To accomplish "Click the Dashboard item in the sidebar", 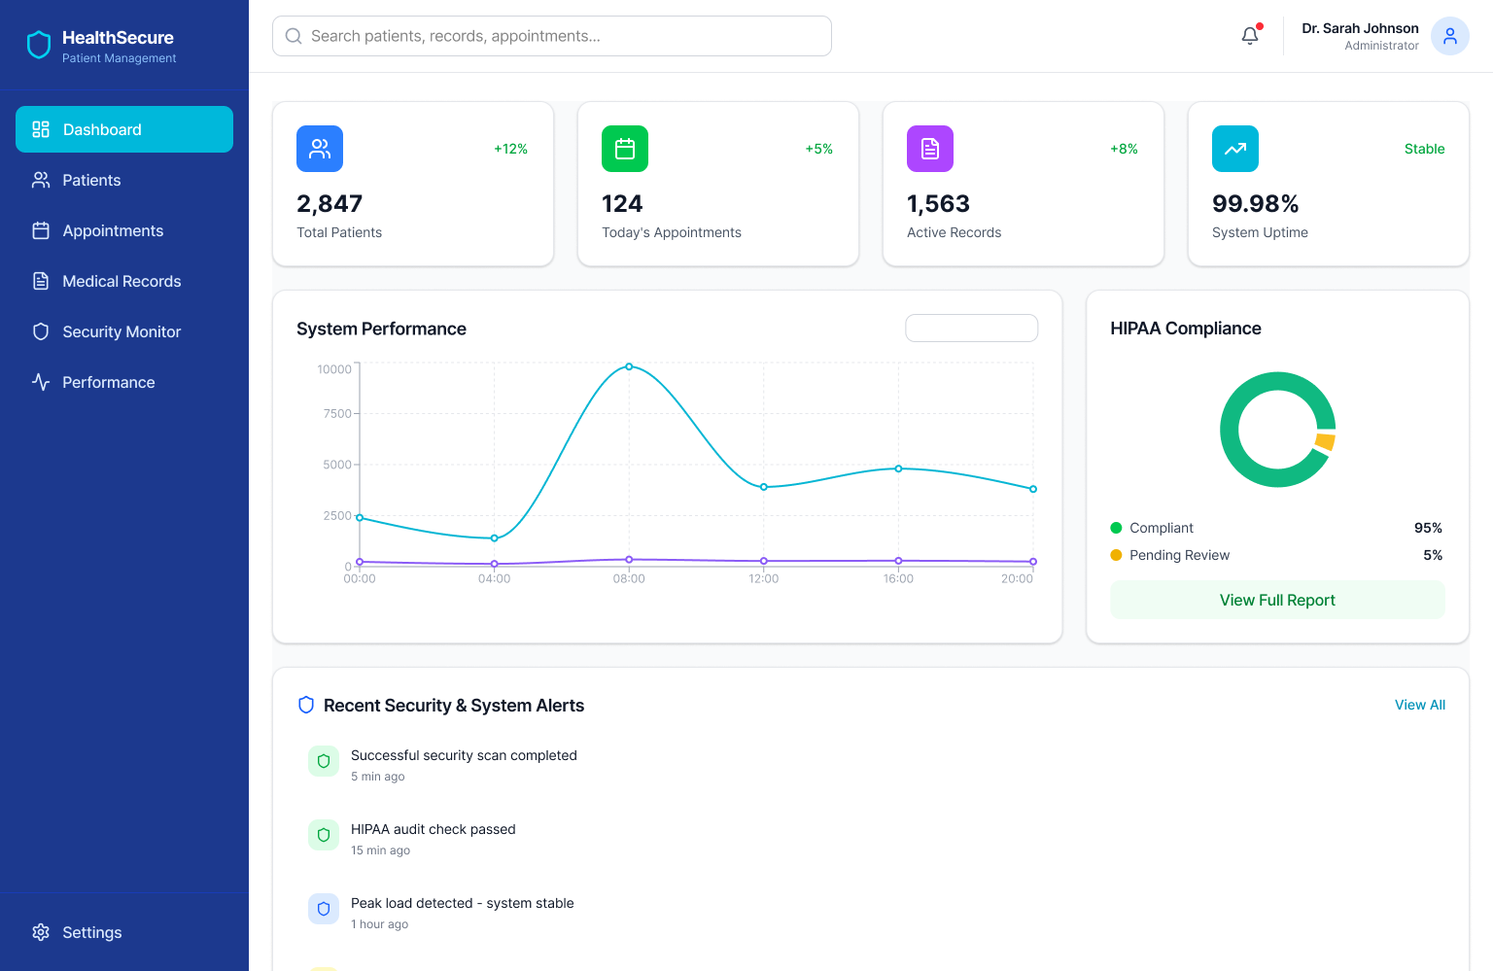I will (124, 129).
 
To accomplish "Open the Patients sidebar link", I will (91, 180).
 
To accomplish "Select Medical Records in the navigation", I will (122, 281).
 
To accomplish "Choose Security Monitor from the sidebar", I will (122, 331).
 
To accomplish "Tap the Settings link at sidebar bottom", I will (91, 932).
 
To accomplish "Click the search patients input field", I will (552, 36).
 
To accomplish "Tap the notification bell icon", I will (1250, 36).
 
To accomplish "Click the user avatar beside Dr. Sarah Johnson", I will (1449, 36).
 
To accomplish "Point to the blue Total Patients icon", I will (320, 149).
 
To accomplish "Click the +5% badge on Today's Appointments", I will (818, 149).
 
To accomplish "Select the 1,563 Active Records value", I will (938, 204).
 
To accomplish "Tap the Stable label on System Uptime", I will (1424, 149).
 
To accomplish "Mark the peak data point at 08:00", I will (629, 366).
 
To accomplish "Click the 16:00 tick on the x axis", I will (898, 578).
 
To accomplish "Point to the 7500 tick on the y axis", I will (337, 414).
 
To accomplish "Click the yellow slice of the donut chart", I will (1325, 441).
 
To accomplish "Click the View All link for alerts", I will (1419, 705).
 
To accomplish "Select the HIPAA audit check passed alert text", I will (433, 829).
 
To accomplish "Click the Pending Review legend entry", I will (1179, 555).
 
